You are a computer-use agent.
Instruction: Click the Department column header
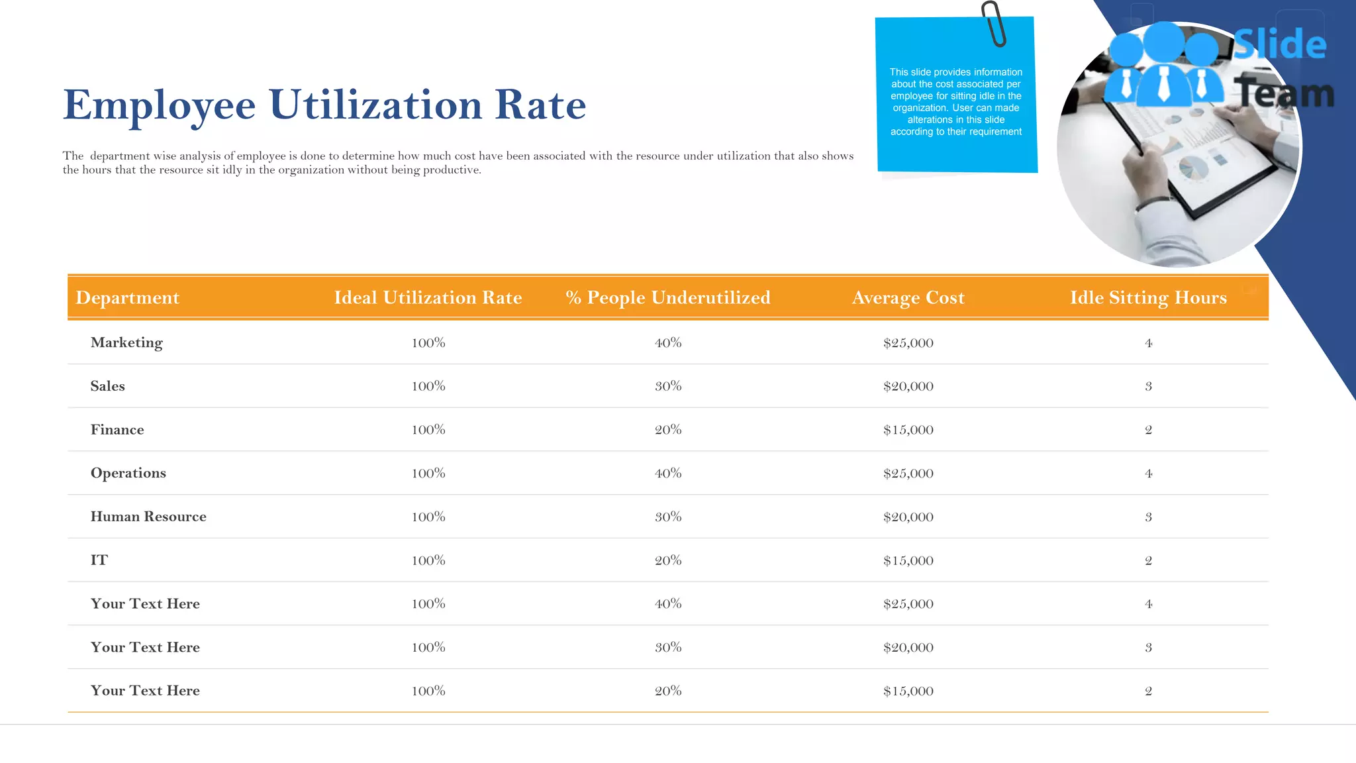click(127, 297)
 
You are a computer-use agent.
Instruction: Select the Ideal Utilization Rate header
click(428, 297)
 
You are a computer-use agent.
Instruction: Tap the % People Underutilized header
click(667, 297)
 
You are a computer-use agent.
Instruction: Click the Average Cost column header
click(908, 297)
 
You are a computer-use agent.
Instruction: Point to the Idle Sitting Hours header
click(1148, 297)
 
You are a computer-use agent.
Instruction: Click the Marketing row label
click(126, 342)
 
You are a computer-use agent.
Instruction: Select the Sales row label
click(107, 386)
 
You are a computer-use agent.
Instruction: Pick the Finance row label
click(117, 430)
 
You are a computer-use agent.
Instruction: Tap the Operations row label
click(128, 473)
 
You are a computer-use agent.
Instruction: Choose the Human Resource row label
click(148, 517)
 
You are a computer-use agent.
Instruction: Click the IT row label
click(99, 560)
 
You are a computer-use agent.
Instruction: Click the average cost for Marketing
click(908, 343)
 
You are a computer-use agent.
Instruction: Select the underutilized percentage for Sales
click(668, 386)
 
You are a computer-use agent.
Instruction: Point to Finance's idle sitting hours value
click(1148, 430)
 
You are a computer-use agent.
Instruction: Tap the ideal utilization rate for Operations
click(428, 474)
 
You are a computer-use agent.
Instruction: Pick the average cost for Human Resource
click(908, 517)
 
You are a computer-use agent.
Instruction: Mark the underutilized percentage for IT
click(668, 560)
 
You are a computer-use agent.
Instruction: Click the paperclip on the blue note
click(994, 24)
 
